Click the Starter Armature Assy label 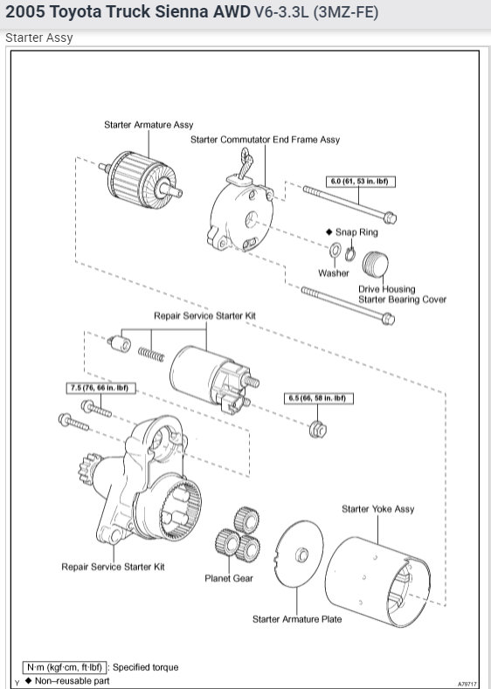click(149, 125)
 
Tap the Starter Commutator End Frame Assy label click(265, 140)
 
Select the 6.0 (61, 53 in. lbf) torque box click(357, 181)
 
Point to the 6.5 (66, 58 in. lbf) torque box click(316, 398)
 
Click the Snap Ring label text click(363, 232)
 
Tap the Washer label click(333, 273)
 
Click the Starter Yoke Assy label click(377, 509)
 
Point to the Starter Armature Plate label click(297, 619)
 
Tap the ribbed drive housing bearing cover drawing click(376, 265)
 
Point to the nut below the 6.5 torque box click(318, 428)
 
